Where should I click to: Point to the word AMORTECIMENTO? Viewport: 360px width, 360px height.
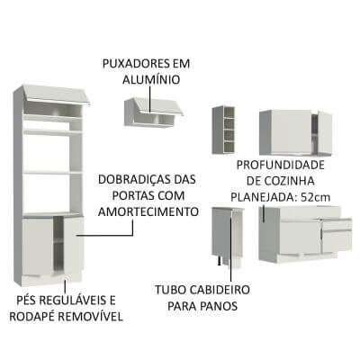coord(151,212)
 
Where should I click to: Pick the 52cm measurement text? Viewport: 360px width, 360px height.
coord(320,196)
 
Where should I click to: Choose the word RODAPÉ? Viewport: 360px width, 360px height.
coord(33,316)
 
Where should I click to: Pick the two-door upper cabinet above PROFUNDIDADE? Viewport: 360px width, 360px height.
coord(292,131)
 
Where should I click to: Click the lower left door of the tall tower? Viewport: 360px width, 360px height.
coord(38,245)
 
